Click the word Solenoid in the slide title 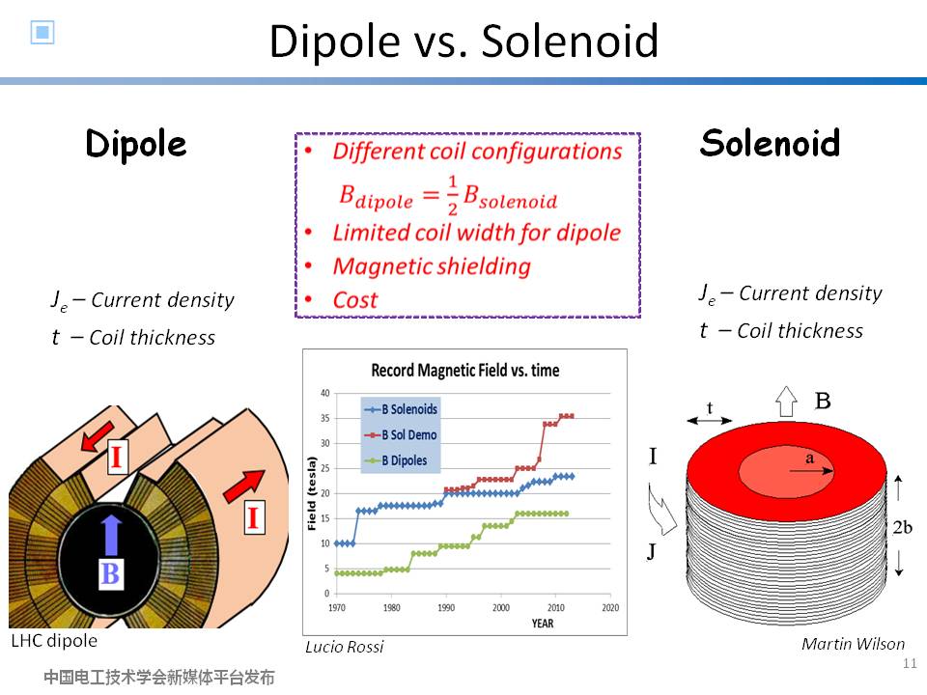point(570,42)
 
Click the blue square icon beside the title point(42,32)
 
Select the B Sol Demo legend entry point(402,435)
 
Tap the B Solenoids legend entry point(402,409)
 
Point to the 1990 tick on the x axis point(446,607)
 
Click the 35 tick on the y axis point(324,418)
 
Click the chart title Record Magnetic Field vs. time point(465,371)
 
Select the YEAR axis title point(542,624)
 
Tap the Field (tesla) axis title point(312,493)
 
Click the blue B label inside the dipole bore point(110,573)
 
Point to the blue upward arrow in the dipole point(111,535)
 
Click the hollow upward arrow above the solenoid point(786,402)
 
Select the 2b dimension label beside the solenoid point(902,527)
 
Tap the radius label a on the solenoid point(809,458)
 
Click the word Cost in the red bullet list point(354,300)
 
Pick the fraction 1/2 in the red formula point(452,195)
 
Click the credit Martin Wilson point(853,644)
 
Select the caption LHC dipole point(54,641)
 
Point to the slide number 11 point(910,663)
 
